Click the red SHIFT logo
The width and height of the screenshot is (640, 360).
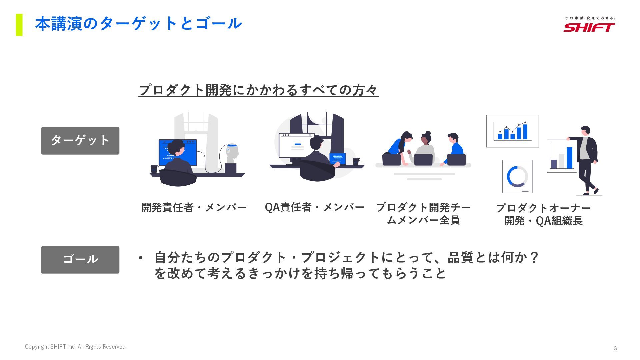pos(589,27)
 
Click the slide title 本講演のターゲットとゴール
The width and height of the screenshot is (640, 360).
pos(138,24)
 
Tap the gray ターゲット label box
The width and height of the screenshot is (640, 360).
pos(80,141)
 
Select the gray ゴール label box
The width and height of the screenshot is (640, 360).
pos(80,260)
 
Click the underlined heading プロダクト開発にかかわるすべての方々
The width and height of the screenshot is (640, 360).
pos(258,90)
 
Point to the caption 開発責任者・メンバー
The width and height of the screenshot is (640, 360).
pos(194,207)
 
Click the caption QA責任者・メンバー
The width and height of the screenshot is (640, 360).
pos(314,207)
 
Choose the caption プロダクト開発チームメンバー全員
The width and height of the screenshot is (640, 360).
pos(423,214)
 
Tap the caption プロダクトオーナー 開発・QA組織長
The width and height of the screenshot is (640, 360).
pos(543,214)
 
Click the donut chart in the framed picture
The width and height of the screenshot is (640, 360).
pos(517,176)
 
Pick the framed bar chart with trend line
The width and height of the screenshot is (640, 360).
pos(512,131)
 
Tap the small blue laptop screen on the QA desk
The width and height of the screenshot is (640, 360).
pos(337,158)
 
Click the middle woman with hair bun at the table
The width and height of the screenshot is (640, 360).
pos(425,147)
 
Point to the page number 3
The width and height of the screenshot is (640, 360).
pos(615,348)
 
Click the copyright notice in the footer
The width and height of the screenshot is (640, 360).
pos(76,347)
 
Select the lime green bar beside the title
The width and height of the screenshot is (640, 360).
pos(19,25)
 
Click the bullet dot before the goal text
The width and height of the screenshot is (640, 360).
pos(141,258)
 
